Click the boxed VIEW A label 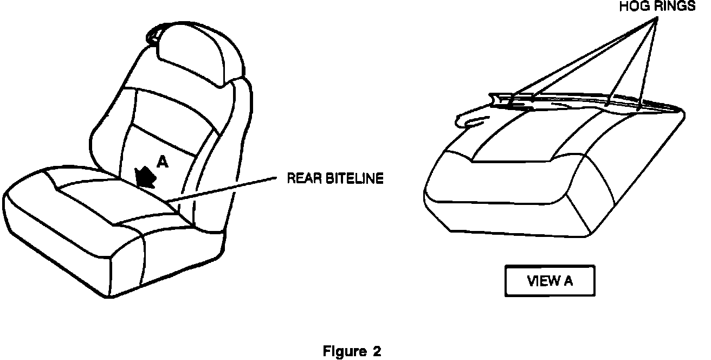550,281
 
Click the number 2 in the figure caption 377,351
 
